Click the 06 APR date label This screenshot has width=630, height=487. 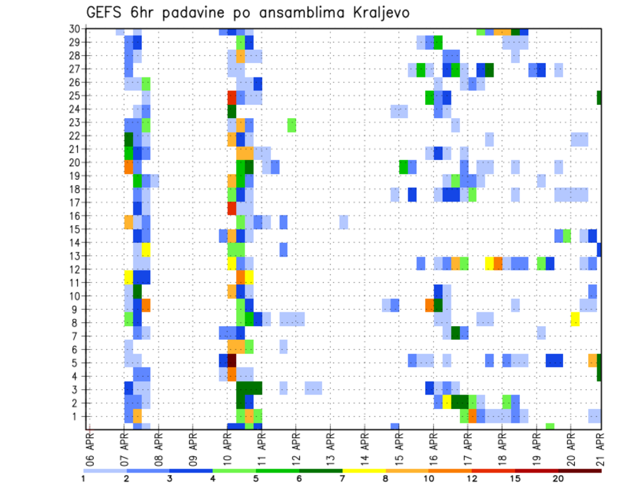pyautogui.click(x=90, y=448)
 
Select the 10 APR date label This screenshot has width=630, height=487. pyautogui.click(x=227, y=448)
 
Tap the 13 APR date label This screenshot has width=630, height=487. pyautogui.click(x=330, y=448)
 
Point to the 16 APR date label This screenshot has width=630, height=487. pyautogui.click(x=433, y=448)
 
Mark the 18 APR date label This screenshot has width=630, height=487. pyautogui.click(x=502, y=448)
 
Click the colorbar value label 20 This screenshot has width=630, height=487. pyautogui.click(x=558, y=478)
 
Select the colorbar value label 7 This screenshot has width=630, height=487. pyautogui.click(x=343, y=478)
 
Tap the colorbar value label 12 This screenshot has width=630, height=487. pyautogui.click(x=472, y=478)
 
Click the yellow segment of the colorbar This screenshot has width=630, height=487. pyautogui.click(x=364, y=470)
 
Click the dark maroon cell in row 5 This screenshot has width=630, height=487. pyautogui.click(x=232, y=361)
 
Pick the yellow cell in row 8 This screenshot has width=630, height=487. pyautogui.click(x=576, y=320)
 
